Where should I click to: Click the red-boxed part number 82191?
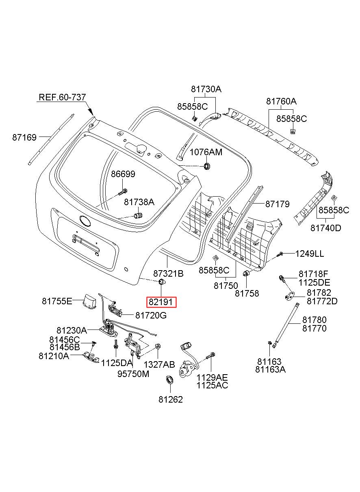point(161,302)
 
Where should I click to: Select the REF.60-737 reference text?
point(63,97)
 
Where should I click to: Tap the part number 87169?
point(24,137)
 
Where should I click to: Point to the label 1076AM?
point(206,152)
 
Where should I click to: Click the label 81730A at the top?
point(206,89)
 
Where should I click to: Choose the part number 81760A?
point(281,101)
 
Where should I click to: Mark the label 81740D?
point(326,228)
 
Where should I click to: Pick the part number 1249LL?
point(310,254)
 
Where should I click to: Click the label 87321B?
point(168,274)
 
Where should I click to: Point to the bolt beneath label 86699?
point(123,192)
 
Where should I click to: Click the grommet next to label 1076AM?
point(207,166)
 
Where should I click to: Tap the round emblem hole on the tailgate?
point(85,221)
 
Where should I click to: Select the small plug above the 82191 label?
point(162,282)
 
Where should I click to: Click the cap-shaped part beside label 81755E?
point(90,301)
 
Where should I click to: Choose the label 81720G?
point(151,315)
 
